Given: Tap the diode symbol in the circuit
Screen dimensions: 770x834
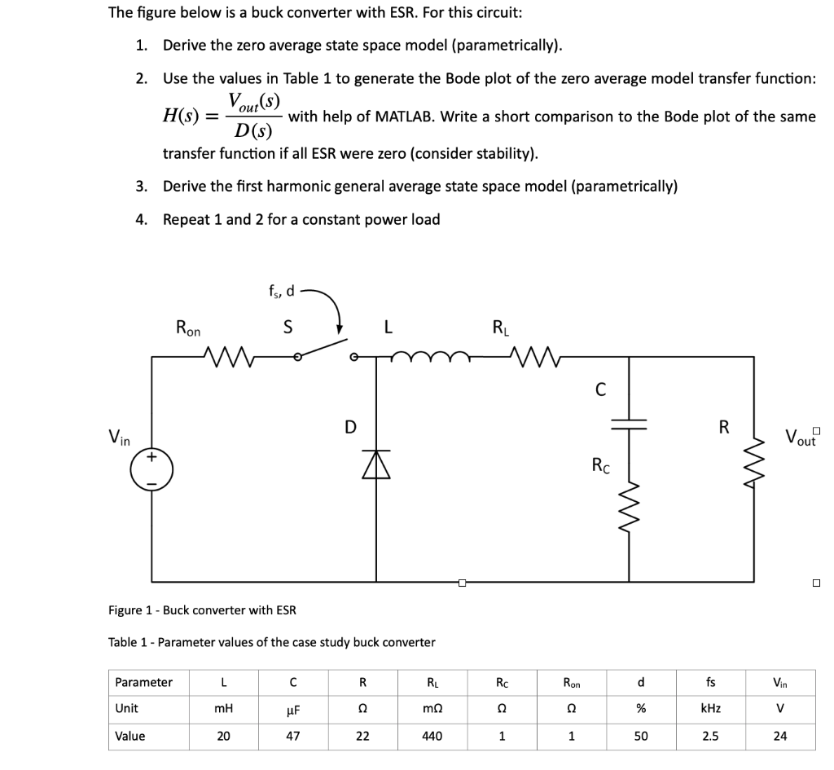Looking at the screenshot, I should [x=376, y=467].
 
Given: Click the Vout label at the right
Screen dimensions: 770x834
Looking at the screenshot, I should [x=801, y=437].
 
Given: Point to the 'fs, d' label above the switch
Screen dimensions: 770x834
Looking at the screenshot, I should [x=282, y=291].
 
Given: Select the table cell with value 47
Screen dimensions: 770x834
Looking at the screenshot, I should [x=292, y=736].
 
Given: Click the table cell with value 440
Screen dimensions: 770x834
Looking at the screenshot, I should [x=432, y=736].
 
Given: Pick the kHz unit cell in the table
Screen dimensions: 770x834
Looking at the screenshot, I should [x=710, y=709].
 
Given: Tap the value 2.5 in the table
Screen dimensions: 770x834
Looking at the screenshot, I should [x=710, y=736].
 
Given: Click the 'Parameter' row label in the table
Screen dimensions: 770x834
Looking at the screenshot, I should [x=143, y=682].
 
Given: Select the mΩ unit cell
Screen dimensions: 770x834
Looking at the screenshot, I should [x=432, y=709].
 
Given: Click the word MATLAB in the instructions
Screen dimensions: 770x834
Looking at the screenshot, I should [x=409, y=117].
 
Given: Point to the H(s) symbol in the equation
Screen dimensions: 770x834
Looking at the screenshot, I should [x=182, y=116].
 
